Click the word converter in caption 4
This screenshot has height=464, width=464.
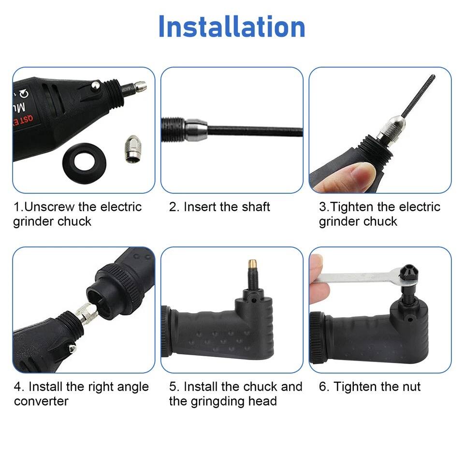tap(41, 401)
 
